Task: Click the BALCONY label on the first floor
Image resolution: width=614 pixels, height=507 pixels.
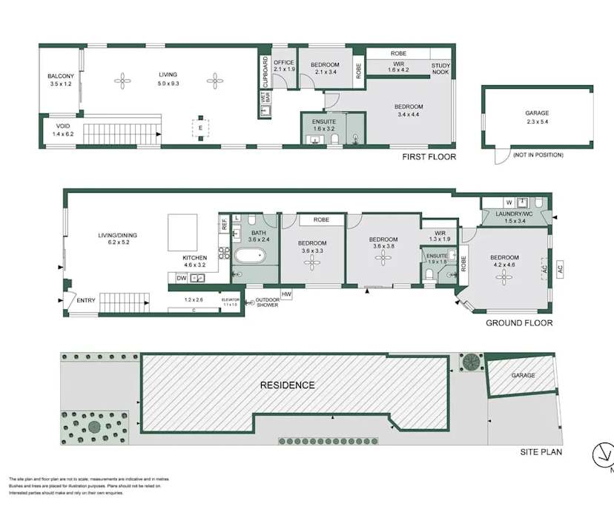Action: point(60,76)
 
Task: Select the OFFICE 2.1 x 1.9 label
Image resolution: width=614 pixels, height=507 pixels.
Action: point(285,64)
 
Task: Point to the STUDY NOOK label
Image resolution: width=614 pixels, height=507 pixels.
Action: point(441,68)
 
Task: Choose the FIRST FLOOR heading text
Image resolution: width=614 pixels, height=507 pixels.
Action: point(429,157)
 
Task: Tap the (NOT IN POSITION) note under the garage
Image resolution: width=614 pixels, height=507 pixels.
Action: point(538,155)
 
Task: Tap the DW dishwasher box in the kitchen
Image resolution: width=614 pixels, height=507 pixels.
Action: point(182,278)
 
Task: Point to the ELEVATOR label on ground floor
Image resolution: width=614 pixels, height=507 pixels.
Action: point(231,299)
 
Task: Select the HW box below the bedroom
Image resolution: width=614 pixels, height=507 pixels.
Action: point(287,294)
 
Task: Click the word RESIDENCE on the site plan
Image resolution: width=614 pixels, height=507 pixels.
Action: point(287,385)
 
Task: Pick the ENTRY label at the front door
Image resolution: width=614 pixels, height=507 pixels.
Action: point(86,300)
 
